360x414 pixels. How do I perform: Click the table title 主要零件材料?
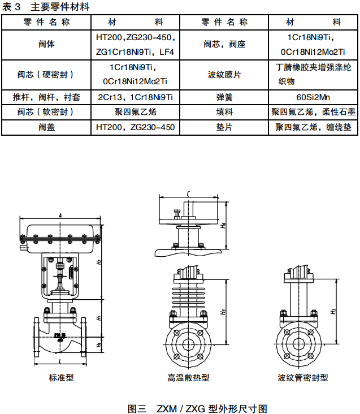point(60,7)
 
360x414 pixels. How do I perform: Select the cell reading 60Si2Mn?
point(313,97)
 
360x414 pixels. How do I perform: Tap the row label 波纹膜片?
point(224,75)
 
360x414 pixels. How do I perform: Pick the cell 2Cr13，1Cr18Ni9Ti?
point(135,97)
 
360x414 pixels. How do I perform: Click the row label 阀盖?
point(46,127)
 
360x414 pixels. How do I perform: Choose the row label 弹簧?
point(224,97)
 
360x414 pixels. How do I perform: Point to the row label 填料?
point(224,112)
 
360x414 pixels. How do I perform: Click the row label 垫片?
point(224,127)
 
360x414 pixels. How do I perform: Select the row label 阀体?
point(46,44)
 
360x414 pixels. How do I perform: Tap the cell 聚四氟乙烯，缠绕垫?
point(313,127)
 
